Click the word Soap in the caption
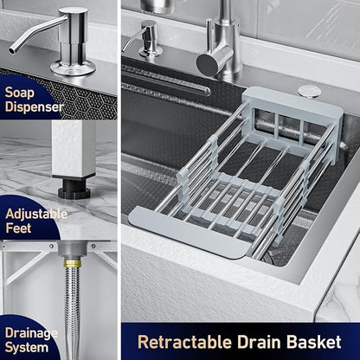click(20, 93)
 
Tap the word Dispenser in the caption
click(34, 106)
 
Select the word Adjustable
click(36, 215)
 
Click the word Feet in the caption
click(18, 228)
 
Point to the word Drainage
click(31, 334)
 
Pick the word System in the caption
click(27, 347)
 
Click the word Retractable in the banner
click(184, 342)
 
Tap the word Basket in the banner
click(314, 342)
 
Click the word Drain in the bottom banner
click(259, 342)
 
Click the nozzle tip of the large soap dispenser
click(12, 51)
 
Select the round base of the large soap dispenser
click(73, 67)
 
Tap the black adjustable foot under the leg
click(74, 189)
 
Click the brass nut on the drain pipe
click(72, 263)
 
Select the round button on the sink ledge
click(309, 92)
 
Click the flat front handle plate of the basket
click(188, 231)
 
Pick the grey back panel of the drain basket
click(292, 123)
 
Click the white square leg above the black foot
click(74, 149)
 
